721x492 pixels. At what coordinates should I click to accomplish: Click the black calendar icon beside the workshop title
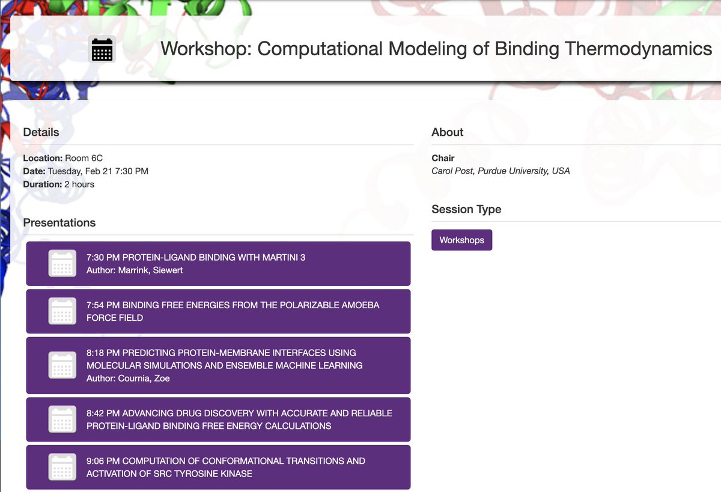[102, 49]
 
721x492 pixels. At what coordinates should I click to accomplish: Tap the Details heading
[41, 132]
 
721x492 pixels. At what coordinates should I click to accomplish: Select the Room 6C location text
[84, 158]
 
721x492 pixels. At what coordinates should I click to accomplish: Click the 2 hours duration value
[79, 184]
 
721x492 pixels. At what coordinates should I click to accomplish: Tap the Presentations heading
[59, 223]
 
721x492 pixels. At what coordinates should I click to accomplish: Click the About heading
[448, 132]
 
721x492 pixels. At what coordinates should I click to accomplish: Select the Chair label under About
[443, 158]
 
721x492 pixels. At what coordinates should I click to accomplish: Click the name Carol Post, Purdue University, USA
[500, 171]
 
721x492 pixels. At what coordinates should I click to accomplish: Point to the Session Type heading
[466, 210]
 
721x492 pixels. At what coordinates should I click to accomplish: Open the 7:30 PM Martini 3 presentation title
[196, 258]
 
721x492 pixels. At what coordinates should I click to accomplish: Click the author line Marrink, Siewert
[135, 270]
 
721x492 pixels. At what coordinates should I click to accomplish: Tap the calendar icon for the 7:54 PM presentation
[62, 311]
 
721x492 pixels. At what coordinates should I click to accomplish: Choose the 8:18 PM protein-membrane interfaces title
[224, 359]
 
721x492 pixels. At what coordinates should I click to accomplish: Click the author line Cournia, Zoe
[128, 378]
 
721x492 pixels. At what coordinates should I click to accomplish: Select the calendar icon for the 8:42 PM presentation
[62, 419]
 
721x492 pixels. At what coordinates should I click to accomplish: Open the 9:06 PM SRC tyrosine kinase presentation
[225, 467]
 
